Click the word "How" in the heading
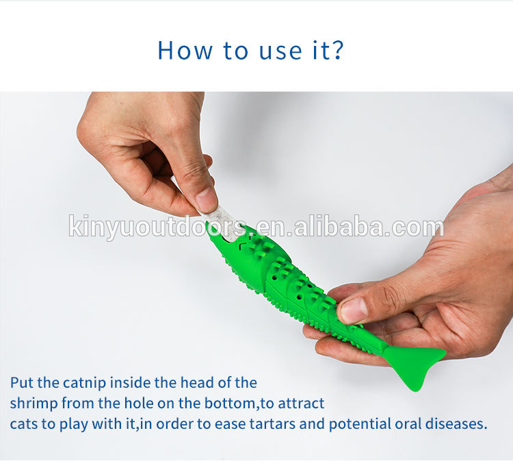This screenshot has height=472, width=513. pyautogui.click(x=185, y=50)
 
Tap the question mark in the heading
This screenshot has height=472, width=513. pyautogui.click(x=336, y=50)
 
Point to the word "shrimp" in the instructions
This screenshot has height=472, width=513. pyautogui.click(x=34, y=404)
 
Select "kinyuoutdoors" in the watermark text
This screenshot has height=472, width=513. pyautogui.click(x=158, y=227)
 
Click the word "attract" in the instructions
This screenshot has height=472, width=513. pyautogui.click(x=301, y=403)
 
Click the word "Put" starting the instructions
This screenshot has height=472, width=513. pyautogui.click(x=22, y=383)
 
